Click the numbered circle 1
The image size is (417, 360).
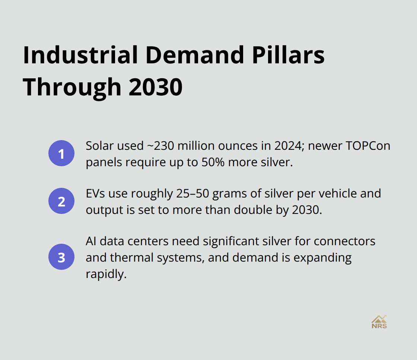(x=61, y=154)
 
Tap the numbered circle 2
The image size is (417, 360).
(x=61, y=201)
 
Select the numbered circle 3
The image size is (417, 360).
(x=61, y=257)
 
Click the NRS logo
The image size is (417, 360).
(x=379, y=322)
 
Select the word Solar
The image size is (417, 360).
(x=99, y=146)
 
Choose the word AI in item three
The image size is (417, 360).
(x=90, y=241)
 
